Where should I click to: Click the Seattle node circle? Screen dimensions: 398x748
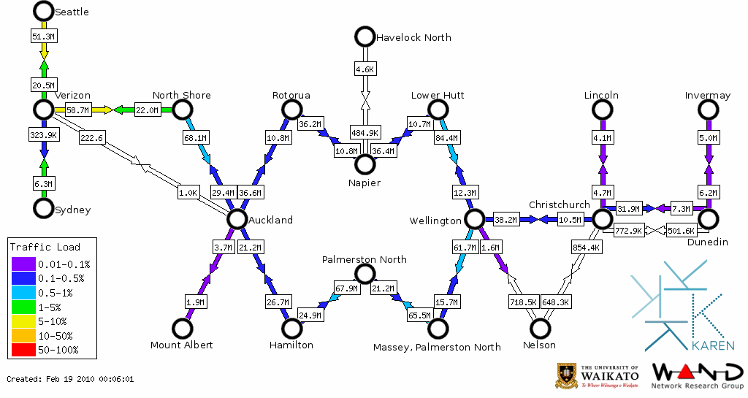tap(44, 11)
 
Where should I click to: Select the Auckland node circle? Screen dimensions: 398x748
tap(237, 218)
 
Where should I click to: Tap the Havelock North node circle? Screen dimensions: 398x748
tap(364, 36)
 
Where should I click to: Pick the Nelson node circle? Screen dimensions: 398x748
tap(541, 329)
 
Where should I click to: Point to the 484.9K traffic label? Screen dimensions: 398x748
tap(365, 133)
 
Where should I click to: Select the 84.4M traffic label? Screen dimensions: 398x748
tap(446, 137)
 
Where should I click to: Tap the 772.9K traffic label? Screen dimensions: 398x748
tap(628, 231)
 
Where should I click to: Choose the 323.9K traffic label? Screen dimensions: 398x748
tap(44, 135)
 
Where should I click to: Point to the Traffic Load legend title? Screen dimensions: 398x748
tap(45, 247)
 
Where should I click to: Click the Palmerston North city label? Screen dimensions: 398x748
tap(365, 259)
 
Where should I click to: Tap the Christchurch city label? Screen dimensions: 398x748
tap(559, 204)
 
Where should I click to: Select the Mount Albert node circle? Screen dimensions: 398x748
tap(181, 329)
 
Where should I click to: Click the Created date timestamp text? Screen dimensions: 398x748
tap(70, 379)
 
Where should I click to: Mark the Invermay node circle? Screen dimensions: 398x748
tap(707, 110)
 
